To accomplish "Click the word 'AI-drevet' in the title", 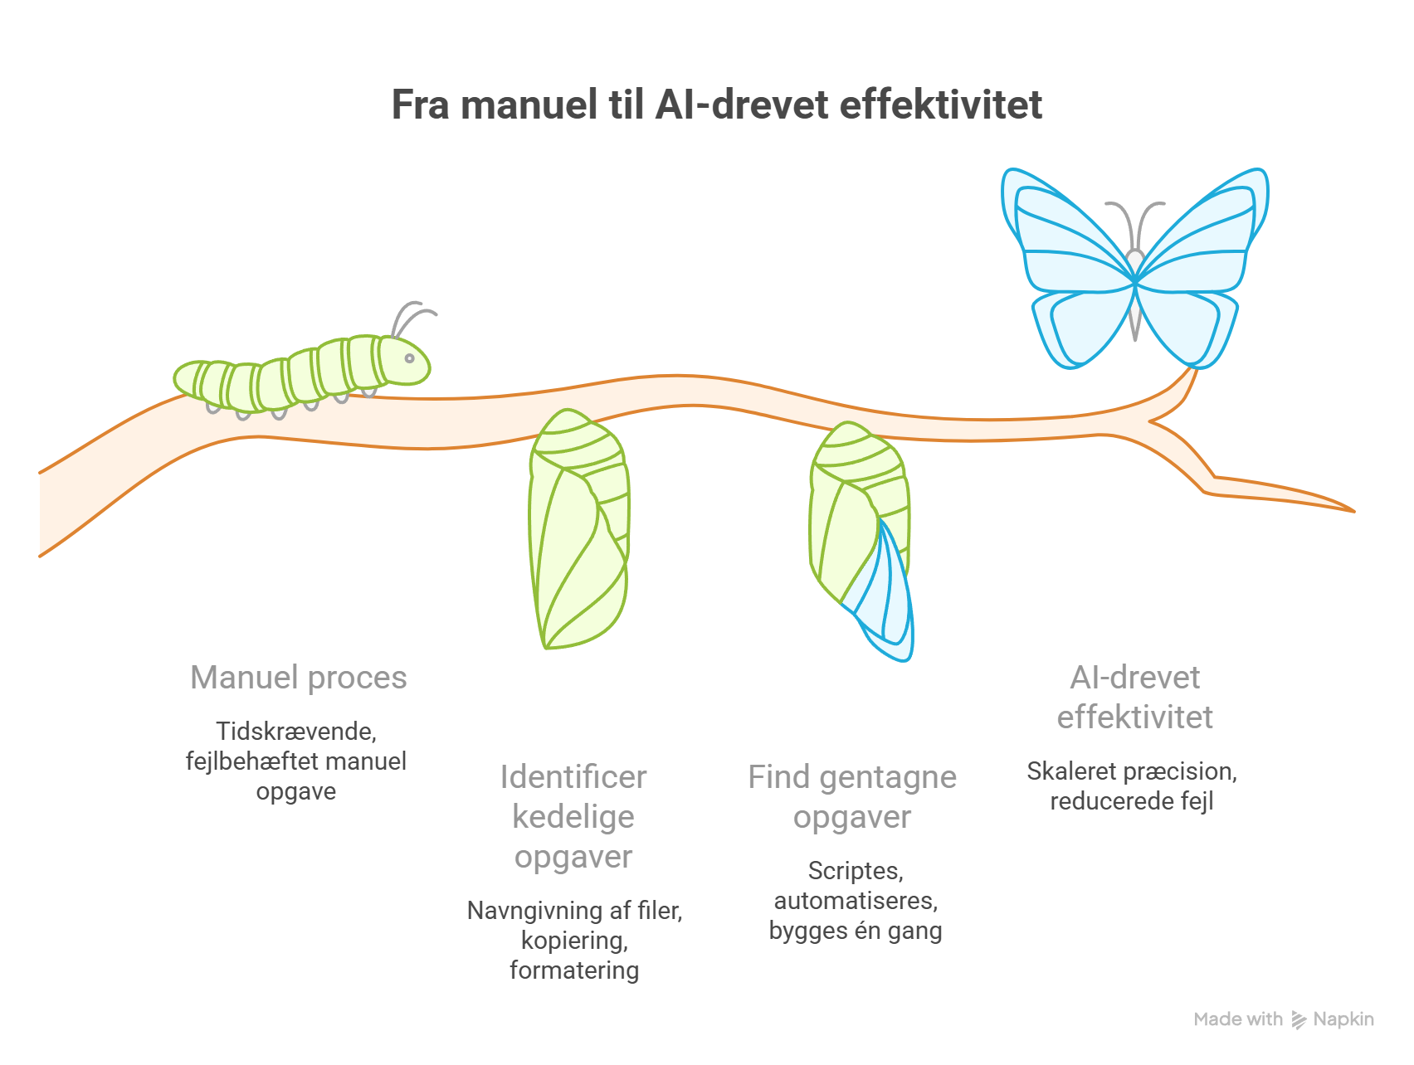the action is (743, 105).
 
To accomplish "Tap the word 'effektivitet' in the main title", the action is (941, 105).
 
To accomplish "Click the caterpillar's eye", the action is (409, 358).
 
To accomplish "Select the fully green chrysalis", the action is (578, 528).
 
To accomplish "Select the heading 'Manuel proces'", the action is (299, 678).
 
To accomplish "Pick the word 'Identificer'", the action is (573, 777).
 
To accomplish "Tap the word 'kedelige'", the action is (573, 817).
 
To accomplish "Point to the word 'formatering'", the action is (574, 970).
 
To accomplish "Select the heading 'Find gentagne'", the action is (852, 777).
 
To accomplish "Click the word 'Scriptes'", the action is (856, 871).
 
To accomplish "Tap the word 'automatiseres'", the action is (856, 901).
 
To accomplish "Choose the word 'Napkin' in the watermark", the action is (1343, 1019).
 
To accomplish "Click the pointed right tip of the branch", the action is (1353, 511).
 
